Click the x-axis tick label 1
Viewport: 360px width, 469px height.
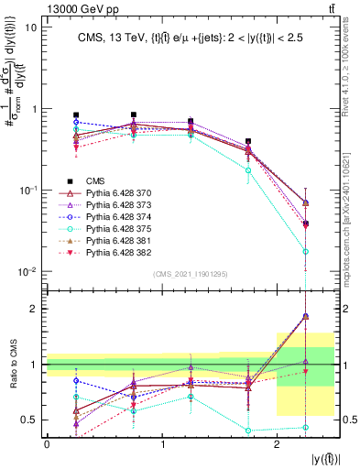coord(162,444)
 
